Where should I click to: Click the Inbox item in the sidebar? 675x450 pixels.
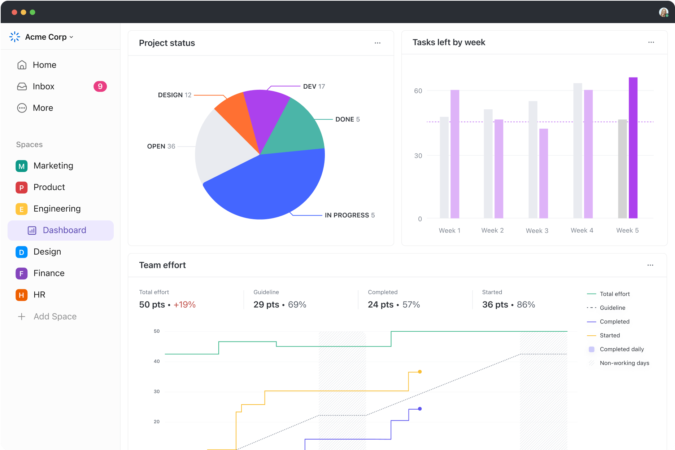click(x=43, y=87)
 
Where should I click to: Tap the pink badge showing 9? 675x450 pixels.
click(x=100, y=87)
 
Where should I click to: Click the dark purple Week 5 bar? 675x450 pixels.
click(x=633, y=148)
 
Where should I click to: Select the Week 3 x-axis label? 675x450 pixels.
click(x=537, y=231)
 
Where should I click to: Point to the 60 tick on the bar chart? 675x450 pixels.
click(x=418, y=91)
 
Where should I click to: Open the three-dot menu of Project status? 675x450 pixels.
click(x=377, y=43)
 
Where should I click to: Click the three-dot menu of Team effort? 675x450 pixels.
click(x=650, y=265)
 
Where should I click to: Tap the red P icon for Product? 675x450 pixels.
click(x=22, y=187)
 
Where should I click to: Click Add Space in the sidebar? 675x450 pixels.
click(x=55, y=317)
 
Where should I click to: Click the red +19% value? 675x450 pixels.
click(x=184, y=305)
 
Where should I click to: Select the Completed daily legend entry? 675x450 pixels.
click(x=621, y=349)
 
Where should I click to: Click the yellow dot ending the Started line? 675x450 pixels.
click(x=420, y=372)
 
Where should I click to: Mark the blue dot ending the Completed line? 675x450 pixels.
click(x=420, y=409)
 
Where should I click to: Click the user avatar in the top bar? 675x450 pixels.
click(x=663, y=12)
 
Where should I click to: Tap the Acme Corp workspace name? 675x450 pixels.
click(x=46, y=37)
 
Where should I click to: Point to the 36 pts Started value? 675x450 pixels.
click(x=495, y=305)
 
